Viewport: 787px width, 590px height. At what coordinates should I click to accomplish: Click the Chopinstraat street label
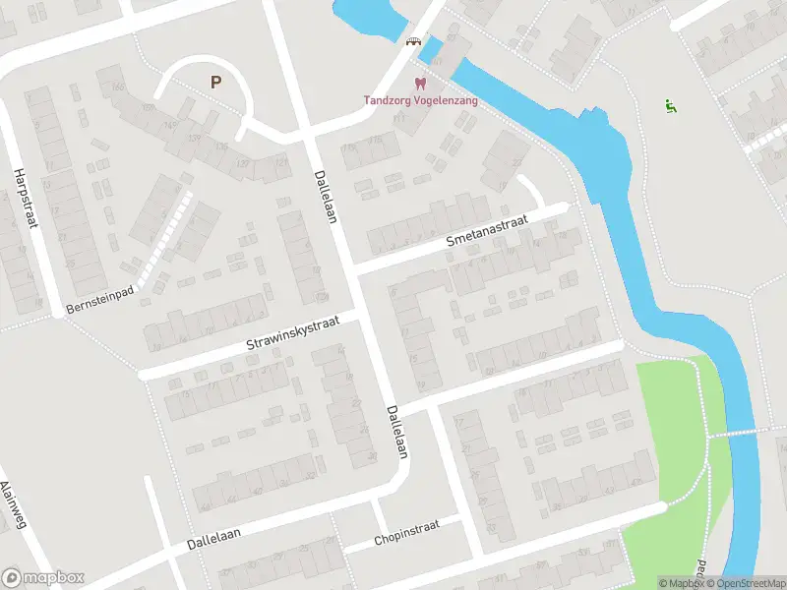click(406, 533)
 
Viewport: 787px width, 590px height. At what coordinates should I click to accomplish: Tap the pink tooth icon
click(420, 85)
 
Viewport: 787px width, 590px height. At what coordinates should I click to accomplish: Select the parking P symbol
click(214, 83)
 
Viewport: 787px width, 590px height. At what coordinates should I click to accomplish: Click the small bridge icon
click(414, 41)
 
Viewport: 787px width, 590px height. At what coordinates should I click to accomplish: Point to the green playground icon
click(671, 106)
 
